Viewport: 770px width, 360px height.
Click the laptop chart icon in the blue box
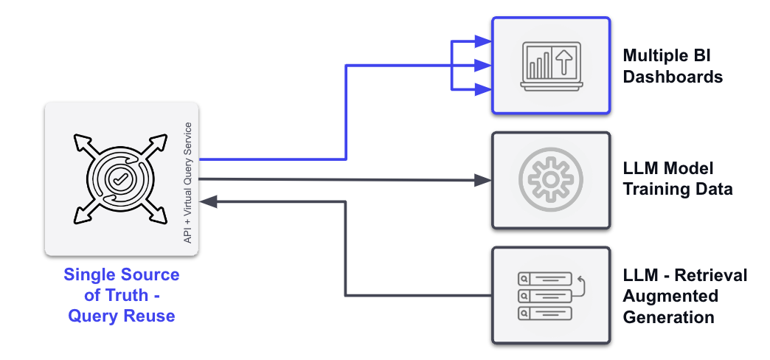[x=551, y=66]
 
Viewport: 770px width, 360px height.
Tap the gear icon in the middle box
[x=551, y=179]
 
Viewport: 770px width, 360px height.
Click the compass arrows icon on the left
[x=118, y=178]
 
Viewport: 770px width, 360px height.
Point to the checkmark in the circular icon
[x=118, y=178]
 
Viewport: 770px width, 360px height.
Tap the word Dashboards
[x=673, y=76]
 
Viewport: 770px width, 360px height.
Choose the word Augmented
[x=670, y=296]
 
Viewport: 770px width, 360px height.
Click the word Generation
[x=668, y=317]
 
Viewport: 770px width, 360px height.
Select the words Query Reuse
[x=122, y=316]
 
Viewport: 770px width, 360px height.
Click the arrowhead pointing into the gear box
[x=485, y=179]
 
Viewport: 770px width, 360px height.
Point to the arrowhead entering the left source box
[x=208, y=201]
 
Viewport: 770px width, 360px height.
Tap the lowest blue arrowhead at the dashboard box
[x=485, y=89]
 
